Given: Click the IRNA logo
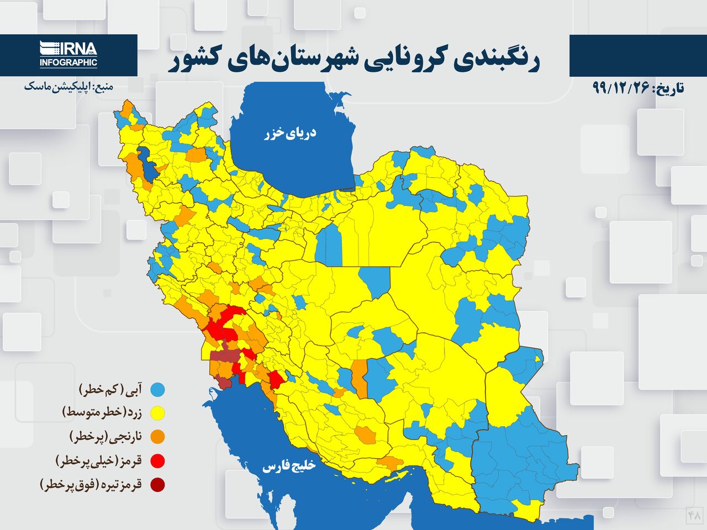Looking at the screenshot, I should click(x=68, y=48).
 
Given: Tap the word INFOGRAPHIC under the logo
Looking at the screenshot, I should click(x=68, y=63).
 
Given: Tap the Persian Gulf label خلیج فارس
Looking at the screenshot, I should click(x=288, y=467).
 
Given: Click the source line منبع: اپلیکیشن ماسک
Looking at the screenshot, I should click(x=68, y=87).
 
